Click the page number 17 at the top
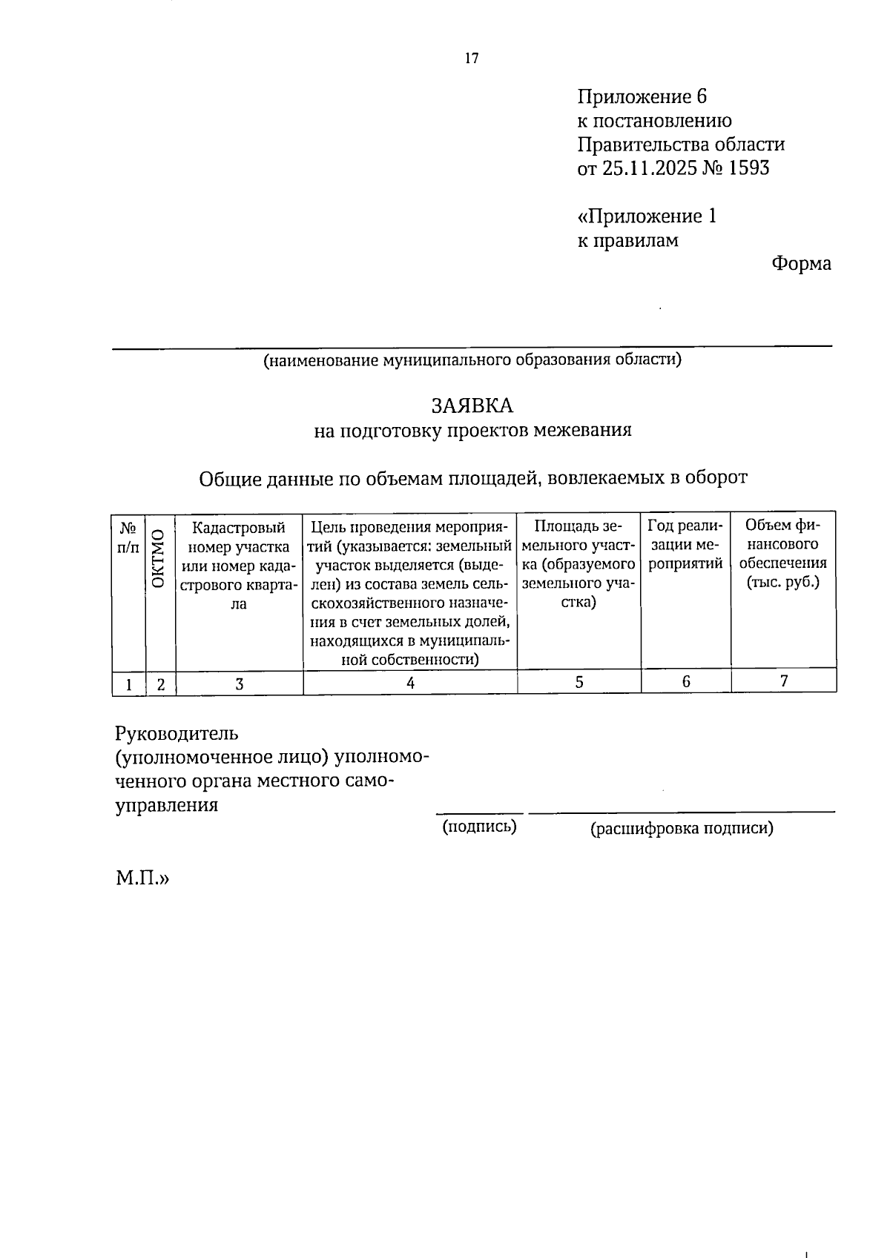pyautogui.click(x=472, y=59)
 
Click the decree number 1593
pyautogui.click(x=749, y=168)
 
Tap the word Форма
pyautogui.click(x=800, y=264)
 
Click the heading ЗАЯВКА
pyautogui.click(x=472, y=405)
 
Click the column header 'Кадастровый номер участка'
pyautogui.click(x=239, y=565)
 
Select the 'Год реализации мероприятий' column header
pyautogui.click(x=685, y=545)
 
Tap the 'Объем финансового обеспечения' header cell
pyautogui.click(x=782, y=554)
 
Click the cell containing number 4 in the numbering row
pyautogui.click(x=410, y=683)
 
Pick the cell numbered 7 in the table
pyautogui.click(x=783, y=681)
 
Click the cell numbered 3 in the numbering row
pyautogui.click(x=239, y=683)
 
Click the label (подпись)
pyautogui.click(x=479, y=827)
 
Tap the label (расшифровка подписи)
pyautogui.click(x=682, y=829)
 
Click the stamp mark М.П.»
pyautogui.click(x=142, y=879)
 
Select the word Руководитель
pyautogui.click(x=177, y=734)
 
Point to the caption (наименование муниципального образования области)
pyautogui.click(x=472, y=360)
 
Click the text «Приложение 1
pyautogui.click(x=647, y=216)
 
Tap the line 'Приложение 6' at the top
pyautogui.click(x=642, y=97)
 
